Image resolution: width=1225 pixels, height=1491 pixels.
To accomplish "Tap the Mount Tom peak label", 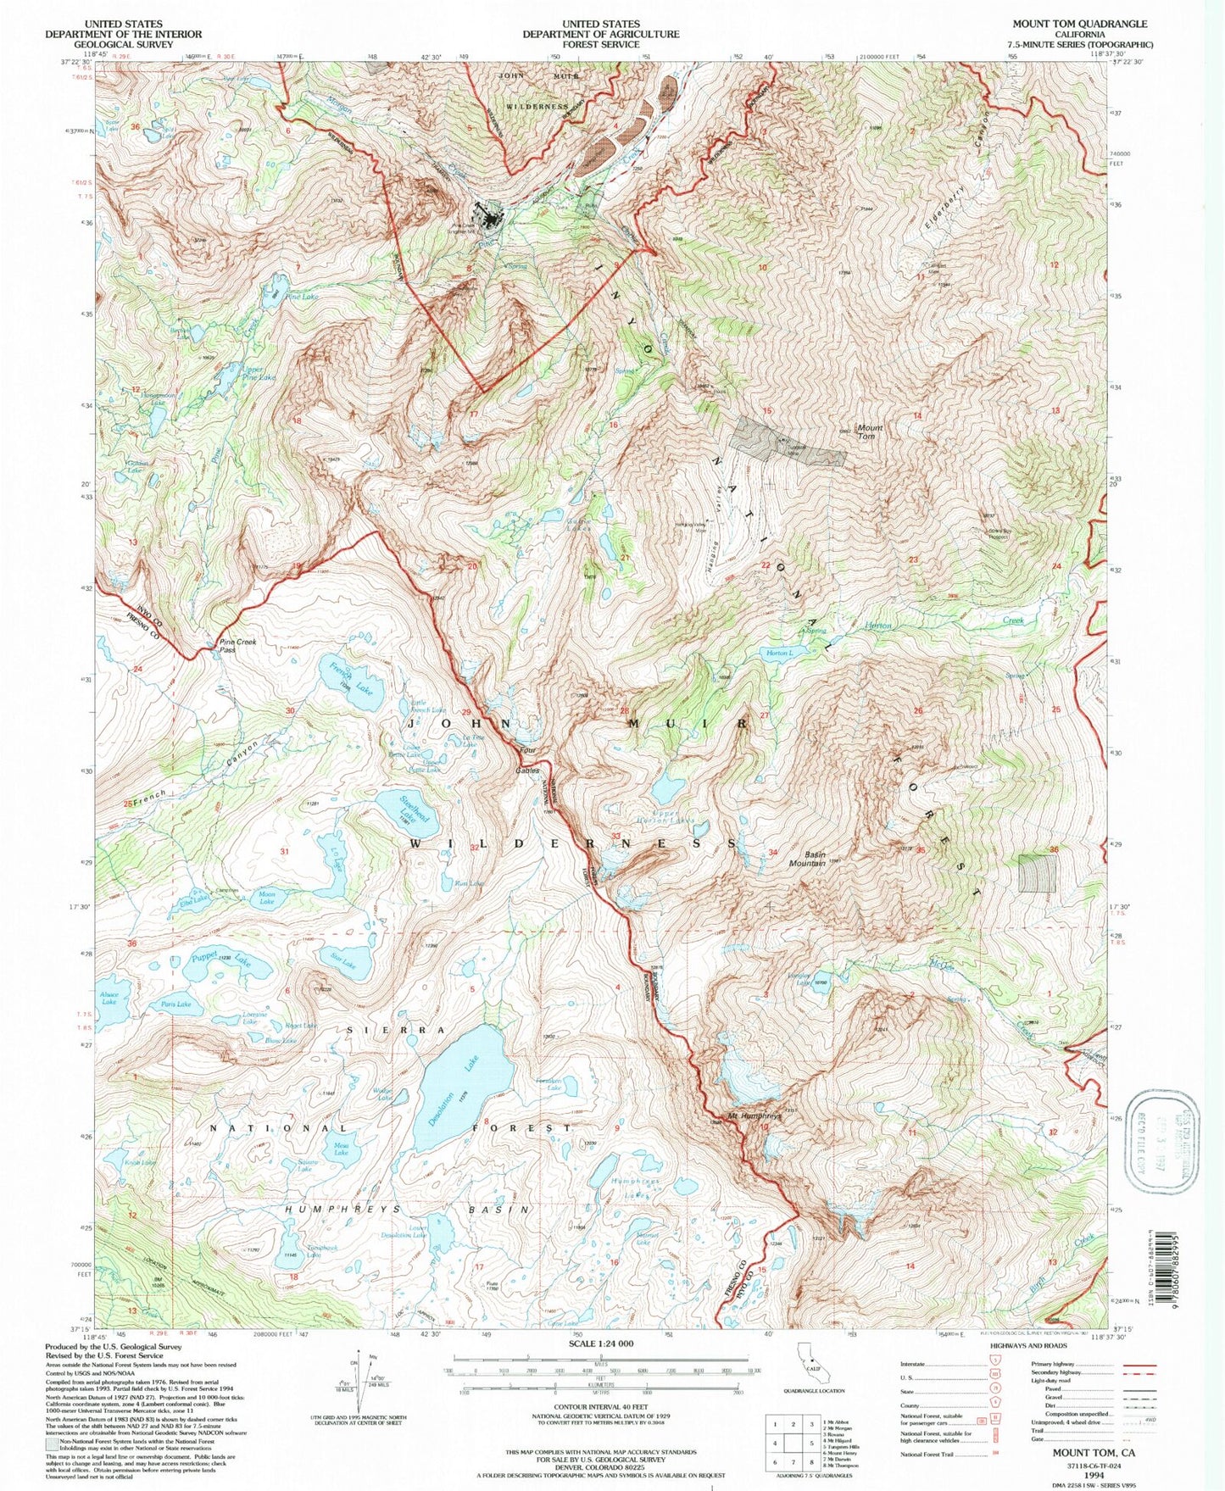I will [x=870, y=432].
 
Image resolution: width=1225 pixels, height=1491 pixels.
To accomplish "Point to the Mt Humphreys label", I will [x=754, y=1116].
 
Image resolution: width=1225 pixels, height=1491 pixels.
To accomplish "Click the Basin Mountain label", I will [x=807, y=859].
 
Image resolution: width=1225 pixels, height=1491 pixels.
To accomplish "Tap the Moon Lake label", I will [x=267, y=898].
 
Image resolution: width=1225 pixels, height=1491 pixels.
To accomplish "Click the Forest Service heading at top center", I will [x=600, y=34].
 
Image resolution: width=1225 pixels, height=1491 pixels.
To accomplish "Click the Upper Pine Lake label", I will [x=258, y=374].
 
